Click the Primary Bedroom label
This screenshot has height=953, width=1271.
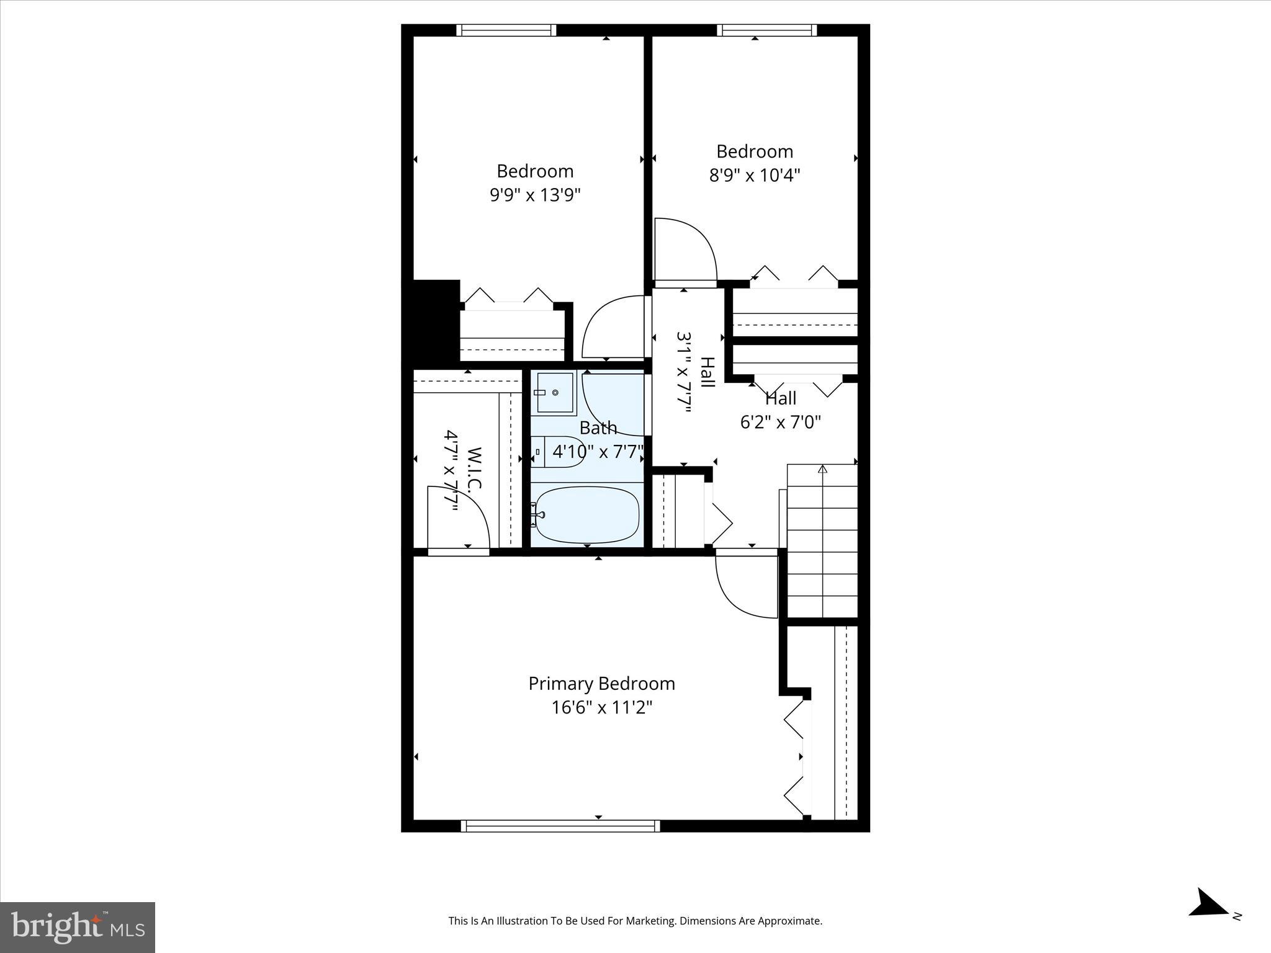601,684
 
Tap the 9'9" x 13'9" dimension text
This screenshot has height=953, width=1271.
535,195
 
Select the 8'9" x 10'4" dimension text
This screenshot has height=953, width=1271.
754,176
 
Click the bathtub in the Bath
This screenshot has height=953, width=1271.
587,514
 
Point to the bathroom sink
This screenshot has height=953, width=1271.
555,393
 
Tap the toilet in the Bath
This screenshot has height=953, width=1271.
559,452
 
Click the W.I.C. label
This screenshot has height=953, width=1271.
474,470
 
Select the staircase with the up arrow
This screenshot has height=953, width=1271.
822,540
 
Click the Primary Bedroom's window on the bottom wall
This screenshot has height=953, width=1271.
560,825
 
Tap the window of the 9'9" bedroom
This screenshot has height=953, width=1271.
506,30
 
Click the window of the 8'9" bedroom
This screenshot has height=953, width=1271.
766,30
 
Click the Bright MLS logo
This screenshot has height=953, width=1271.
78,927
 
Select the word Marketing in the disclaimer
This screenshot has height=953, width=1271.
651,921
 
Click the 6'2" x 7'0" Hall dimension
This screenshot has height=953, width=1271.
780,423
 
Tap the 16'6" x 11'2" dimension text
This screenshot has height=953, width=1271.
601,707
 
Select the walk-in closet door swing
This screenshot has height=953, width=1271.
458,518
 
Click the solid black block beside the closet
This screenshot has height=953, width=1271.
436,321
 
